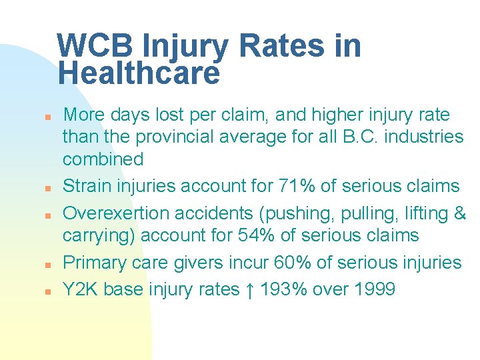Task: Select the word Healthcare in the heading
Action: coord(138,73)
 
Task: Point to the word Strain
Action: coord(85,187)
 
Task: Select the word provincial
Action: coord(174,137)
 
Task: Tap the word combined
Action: coord(103,159)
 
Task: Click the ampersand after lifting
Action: coord(459,213)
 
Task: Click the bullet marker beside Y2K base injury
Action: coord(41,291)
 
